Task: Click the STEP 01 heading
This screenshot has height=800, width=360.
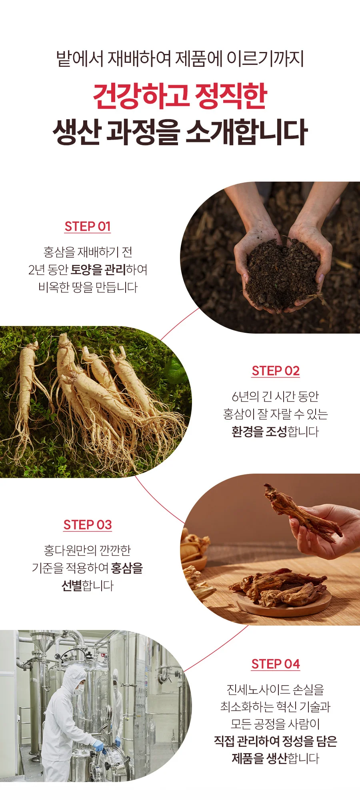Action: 88,226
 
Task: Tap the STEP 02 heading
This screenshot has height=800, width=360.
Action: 276,371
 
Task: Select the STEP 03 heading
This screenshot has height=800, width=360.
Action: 88,525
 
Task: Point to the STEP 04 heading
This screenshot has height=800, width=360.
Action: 276,664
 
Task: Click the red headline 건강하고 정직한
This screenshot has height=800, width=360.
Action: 180,96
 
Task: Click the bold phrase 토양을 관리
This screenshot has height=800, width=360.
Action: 98,270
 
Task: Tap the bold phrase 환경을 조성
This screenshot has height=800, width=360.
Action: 259,432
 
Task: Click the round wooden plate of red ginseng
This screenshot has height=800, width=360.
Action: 284,602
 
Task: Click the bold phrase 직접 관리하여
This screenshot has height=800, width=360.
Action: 247,741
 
